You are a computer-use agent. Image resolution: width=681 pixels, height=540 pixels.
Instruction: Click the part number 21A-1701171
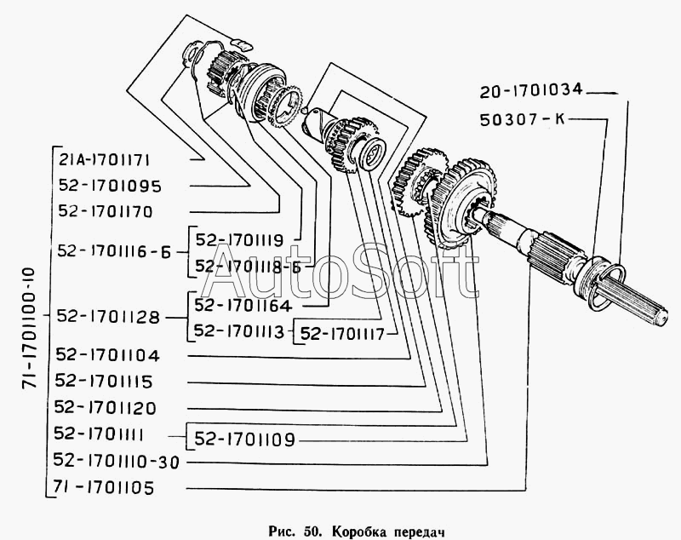tap(104, 161)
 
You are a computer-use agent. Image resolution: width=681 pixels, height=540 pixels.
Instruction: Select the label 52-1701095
tap(110, 187)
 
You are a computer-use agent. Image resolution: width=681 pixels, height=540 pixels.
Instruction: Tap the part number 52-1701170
tap(106, 211)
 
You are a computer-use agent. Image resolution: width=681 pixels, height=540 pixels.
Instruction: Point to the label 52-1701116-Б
tap(115, 251)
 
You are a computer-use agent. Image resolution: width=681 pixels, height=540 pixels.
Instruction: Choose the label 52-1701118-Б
tap(248, 267)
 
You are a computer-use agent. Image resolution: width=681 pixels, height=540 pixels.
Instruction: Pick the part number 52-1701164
tap(243, 306)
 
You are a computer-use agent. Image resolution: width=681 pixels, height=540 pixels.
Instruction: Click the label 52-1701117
tap(343, 334)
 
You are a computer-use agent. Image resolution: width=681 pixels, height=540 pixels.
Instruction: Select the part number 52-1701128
tap(109, 317)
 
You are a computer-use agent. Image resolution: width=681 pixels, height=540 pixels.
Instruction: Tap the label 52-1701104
tap(108, 355)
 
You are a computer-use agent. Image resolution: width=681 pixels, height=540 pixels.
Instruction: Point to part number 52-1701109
tap(244, 439)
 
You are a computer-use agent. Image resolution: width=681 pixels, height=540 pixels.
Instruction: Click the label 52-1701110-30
tap(117, 461)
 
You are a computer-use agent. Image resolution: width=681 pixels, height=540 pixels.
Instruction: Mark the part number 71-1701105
tap(103, 488)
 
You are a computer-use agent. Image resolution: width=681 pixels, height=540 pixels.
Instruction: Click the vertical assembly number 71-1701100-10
tap(29, 328)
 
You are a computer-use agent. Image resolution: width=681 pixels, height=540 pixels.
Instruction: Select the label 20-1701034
tap(530, 90)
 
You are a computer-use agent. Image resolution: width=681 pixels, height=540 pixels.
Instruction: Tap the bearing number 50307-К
tap(522, 119)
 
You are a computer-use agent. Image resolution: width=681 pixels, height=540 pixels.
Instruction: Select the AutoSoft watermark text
tap(341, 272)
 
